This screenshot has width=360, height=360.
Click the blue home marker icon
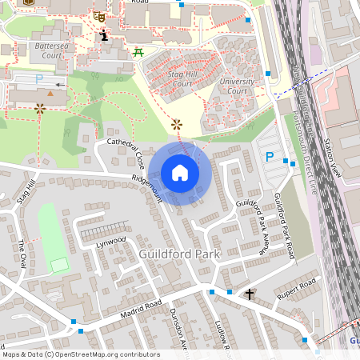pos(180,173)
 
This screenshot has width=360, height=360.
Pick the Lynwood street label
pos(111,240)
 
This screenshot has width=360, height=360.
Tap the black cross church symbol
pos(250,294)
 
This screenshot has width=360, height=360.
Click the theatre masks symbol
pos(99,16)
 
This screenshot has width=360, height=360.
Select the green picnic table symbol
pos(138,53)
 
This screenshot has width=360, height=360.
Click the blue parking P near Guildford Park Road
pos(270,158)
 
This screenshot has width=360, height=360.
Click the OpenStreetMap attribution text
pos(80,354)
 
